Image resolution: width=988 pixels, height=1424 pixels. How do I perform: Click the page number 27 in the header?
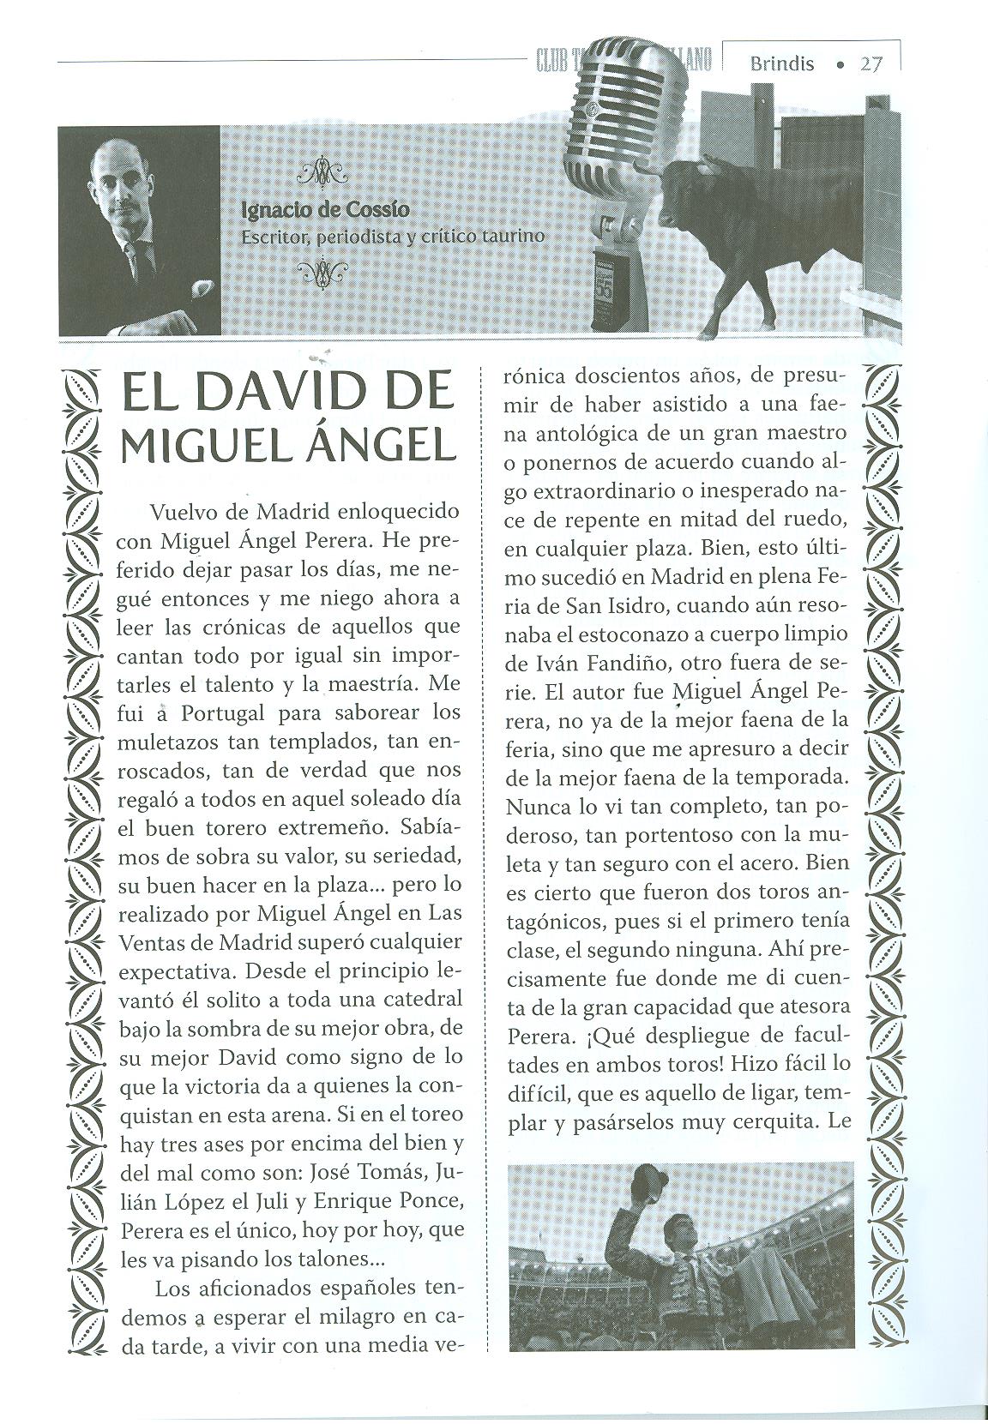pos(872,63)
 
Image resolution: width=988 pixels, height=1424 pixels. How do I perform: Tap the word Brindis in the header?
pos(781,63)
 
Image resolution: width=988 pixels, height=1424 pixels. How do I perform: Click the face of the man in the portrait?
pos(123,187)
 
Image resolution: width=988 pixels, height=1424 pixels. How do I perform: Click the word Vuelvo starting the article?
pos(184,512)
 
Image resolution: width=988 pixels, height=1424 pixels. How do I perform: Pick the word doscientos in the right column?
pos(625,376)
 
